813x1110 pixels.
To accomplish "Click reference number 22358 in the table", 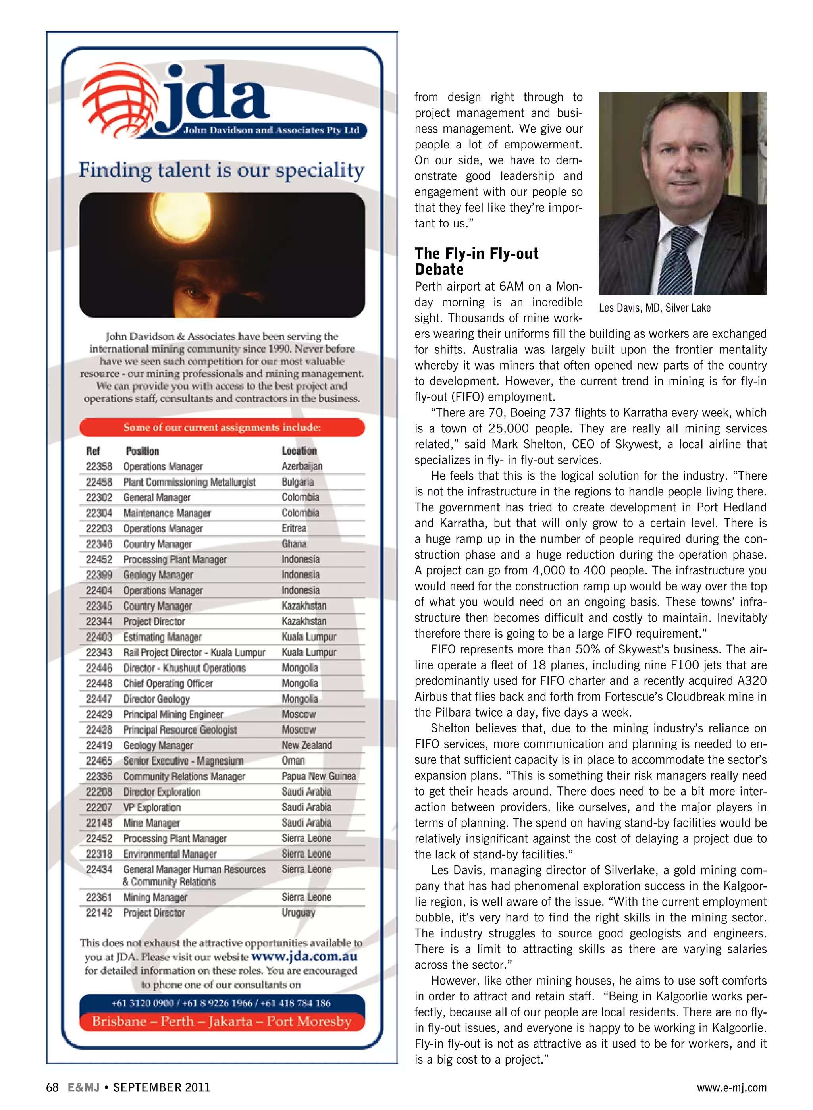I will [99, 466].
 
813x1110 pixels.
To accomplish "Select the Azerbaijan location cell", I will [302, 466].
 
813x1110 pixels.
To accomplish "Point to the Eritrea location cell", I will [294, 528].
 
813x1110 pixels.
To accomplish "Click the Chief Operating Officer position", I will [168, 683].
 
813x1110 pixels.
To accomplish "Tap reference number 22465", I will [99, 761].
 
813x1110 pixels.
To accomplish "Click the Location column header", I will [299, 451].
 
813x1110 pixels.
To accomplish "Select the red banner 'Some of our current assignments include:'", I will [222, 427].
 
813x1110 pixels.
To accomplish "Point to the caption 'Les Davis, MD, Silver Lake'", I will [655, 308].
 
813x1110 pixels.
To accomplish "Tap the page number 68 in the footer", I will [52, 1087].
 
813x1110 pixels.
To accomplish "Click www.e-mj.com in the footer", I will [731, 1087].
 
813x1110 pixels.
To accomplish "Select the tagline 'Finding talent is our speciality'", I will [222, 170].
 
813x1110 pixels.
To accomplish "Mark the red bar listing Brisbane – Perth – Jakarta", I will [222, 1021].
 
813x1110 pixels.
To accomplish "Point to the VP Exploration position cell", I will [152, 807].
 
